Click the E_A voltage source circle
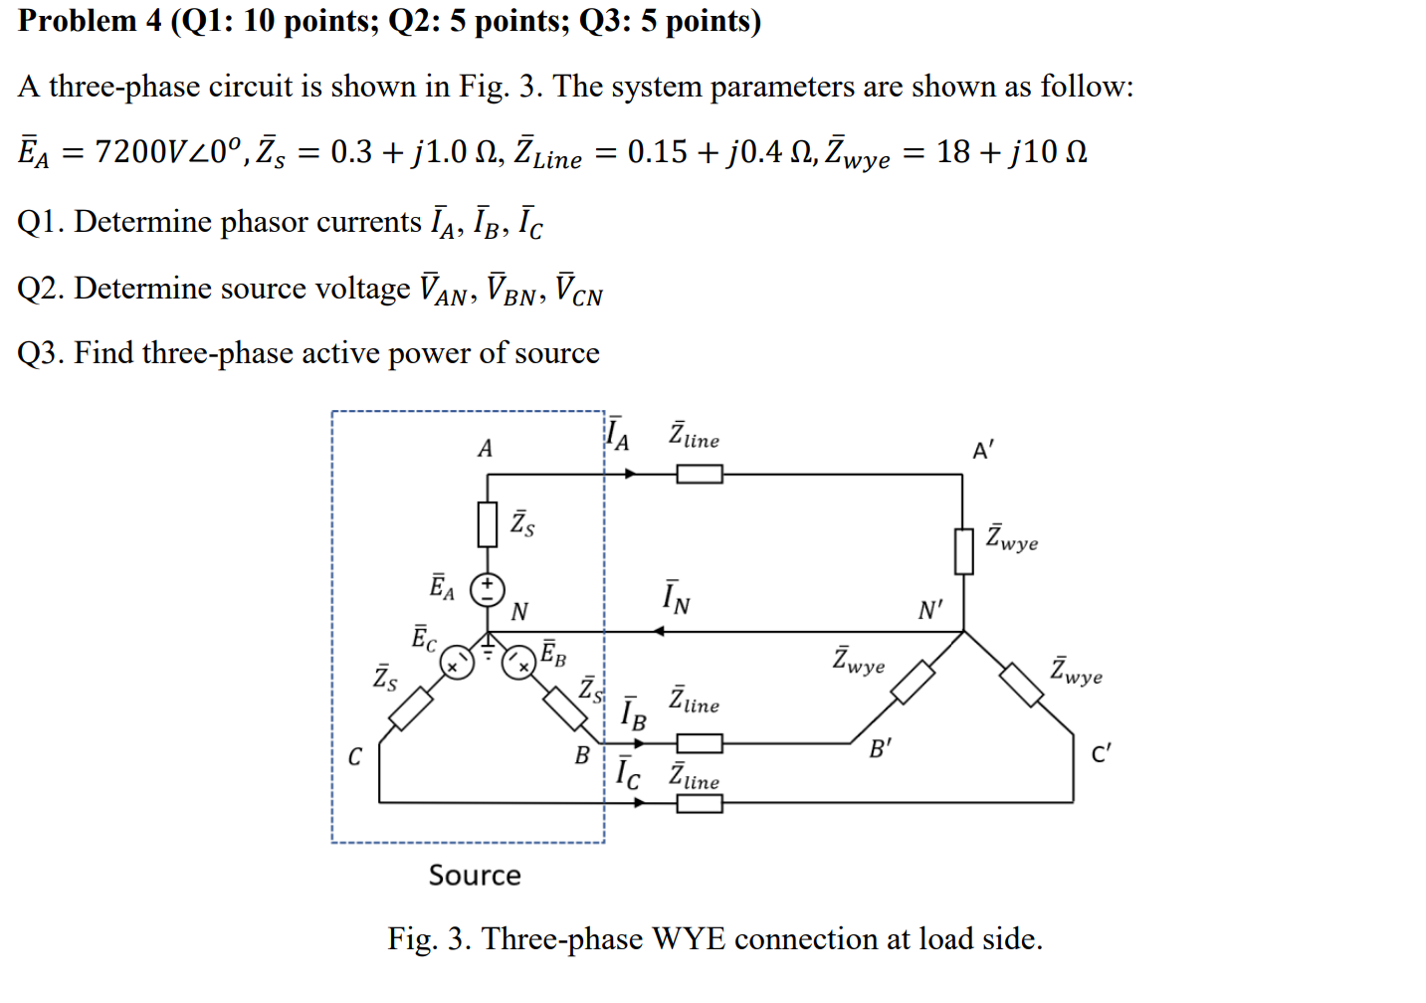pyautogui.click(x=487, y=590)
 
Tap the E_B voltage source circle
pyautogui.click(x=518, y=663)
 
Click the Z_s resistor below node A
pyautogui.click(x=487, y=523)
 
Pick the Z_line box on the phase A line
pyautogui.click(x=700, y=475)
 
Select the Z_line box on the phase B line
pyautogui.click(x=700, y=743)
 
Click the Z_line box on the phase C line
pyautogui.click(x=700, y=802)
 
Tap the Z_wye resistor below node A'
pyautogui.click(x=963, y=551)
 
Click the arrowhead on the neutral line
pyautogui.click(x=657, y=631)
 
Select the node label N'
pyautogui.click(x=929, y=610)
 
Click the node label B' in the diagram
pyautogui.click(x=880, y=748)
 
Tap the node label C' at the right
pyautogui.click(x=1101, y=753)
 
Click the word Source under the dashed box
pyautogui.click(x=475, y=875)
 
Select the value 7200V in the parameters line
pyautogui.click(x=139, y=151)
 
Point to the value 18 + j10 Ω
pyautogui.click(x=1011, y=151)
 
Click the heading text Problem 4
pyautogui.click(x=90, y=20)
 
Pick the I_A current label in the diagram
pyautogui.click(x=618, y=435)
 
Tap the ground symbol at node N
pyautogui.click(x=488, y=650)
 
